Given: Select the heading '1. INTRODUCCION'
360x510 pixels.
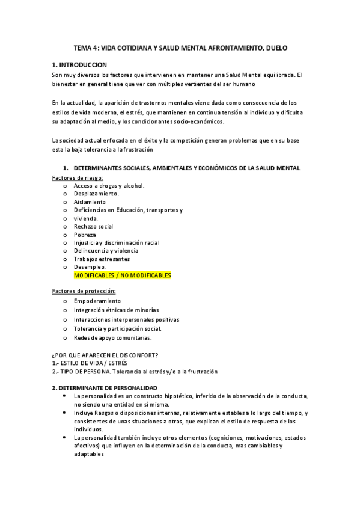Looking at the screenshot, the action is click(79, 65).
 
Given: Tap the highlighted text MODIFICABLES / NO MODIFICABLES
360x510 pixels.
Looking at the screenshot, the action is click(122, 275).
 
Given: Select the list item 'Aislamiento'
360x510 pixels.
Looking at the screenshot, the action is click(90, 202).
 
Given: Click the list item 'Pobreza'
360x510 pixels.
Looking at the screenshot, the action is click(85, 235).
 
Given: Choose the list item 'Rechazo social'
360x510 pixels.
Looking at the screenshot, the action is click(93, 227).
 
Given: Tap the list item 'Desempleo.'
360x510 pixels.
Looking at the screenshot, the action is click(90, 267).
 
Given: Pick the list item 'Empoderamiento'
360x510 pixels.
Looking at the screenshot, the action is click(97, 301).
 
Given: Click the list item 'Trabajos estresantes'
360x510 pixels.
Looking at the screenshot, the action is click(102, 259).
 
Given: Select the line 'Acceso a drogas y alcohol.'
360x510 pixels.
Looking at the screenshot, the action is click(109, 186).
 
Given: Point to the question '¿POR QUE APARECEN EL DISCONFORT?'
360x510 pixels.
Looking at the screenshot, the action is click(109, 355).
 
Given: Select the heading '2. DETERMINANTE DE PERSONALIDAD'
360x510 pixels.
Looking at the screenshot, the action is click(105, 388).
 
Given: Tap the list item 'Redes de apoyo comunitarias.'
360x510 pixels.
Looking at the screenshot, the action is click(112, 338).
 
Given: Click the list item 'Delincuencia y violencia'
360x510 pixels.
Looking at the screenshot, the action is click(106, 251).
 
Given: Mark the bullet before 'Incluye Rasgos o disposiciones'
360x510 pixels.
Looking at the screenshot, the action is click(64, 413).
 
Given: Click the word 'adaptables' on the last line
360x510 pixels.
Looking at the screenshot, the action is click(89, 455).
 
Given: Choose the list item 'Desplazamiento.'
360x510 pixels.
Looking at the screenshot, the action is click(96, 194).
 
